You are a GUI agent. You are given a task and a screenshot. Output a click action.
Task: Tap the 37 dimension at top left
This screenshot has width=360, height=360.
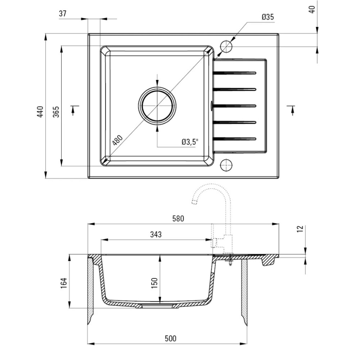pyautogui.click(x=63, y=14)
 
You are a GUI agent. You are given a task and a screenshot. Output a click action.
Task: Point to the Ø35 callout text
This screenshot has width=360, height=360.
pyautogui.click(x=267, y=17)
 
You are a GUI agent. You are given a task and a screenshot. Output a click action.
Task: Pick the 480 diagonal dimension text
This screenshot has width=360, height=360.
pyautogui.click(x=117, y=140)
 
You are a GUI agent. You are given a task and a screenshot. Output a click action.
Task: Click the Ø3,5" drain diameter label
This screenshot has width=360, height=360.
pyautogui.click(x=190, y=142)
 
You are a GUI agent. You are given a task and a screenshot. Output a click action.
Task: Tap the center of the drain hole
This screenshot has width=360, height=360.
pyautogui.click(x=157, y=105)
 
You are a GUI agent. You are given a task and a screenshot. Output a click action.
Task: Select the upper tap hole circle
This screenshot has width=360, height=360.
pyautogui.click(x=226, y=46)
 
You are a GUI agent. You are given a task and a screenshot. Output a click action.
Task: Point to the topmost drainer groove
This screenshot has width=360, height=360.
pyautogui.click(x=235, y=73)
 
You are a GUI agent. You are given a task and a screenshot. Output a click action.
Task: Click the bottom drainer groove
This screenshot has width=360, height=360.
pyautogui.click(x=235, y=139)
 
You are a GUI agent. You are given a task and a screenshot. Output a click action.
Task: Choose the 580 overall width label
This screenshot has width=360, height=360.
pyautogui.click(x=178, y=218)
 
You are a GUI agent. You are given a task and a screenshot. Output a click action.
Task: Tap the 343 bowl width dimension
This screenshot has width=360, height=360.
pyautogui.click(x=156, y=234)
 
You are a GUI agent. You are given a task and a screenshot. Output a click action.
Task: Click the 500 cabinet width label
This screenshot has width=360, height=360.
pyautogui.click(x=171, y=338)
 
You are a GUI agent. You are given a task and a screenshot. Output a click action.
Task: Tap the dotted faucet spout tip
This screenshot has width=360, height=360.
pyautogui.click(x=195, y=202)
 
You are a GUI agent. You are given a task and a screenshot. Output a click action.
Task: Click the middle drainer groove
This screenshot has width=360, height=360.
pyautogui.click(x=235, y=105)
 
